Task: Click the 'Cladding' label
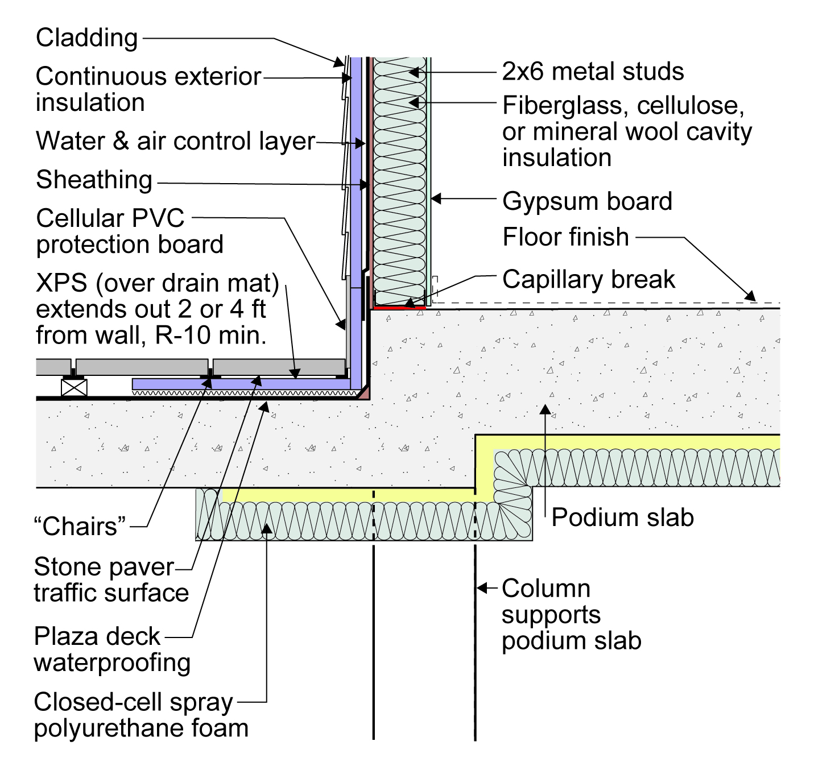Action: click(x=86, y=38)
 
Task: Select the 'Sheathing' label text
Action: click(x=94, y=180)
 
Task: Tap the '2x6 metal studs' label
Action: click(x=593, y=71)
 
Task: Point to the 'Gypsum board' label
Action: click(x=587, y=202)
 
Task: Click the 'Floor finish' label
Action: click(x=566, y=237)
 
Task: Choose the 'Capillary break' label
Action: click(x=589, y=279)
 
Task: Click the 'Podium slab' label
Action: click(x=623, y=517)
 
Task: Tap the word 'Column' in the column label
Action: click(x=546, y=588)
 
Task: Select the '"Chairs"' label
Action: click(x=80, y=526)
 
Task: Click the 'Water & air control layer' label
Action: click(x=176, y=141)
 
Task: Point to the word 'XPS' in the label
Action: click(x=61, y=283)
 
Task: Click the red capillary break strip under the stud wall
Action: click(x=400, y=308)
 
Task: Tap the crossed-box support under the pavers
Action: click(x=74, y=388)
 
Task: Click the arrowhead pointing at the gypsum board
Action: click(x=436, y=199)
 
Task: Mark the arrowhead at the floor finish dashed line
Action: click(x=750, y=296)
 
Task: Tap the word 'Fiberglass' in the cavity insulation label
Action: click(x=565, y=106)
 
